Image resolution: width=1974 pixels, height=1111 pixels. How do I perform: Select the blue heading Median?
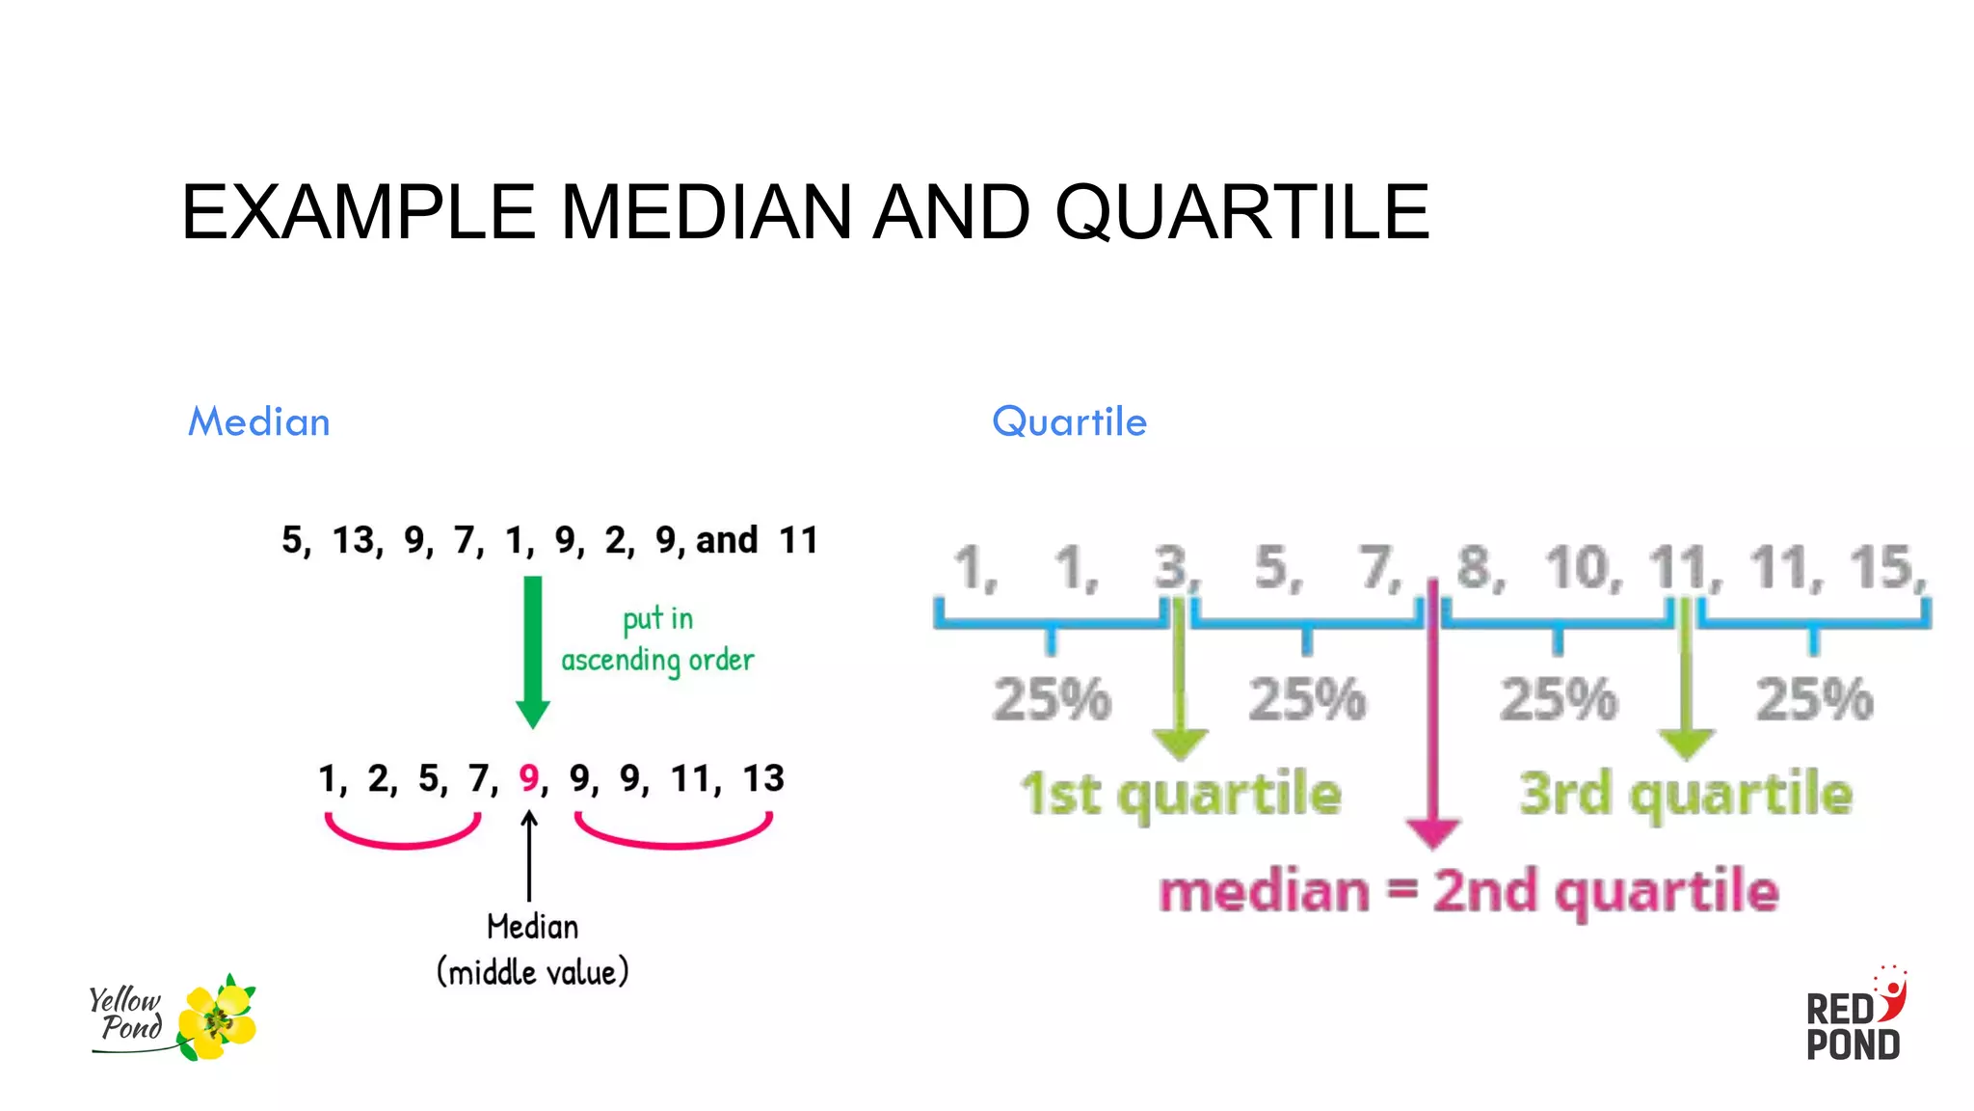pos(259,422)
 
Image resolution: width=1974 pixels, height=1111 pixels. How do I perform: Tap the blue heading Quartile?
pos(1069,422)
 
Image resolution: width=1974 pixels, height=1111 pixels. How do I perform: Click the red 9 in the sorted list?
pos(529,777)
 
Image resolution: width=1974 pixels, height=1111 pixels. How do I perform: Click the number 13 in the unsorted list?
pos(355,540)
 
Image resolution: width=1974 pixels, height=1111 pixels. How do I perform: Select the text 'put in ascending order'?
pos(657,639)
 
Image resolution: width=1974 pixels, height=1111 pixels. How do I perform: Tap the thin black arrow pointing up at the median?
pos(529,854)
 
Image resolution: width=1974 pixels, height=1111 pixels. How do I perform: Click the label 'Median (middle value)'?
pos(532,949)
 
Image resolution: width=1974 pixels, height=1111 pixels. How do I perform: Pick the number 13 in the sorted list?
pos(763,777)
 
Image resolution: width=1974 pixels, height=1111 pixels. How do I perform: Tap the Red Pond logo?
pos(1854,1016)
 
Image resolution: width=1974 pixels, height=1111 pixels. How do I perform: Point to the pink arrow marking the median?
pos(1433,714)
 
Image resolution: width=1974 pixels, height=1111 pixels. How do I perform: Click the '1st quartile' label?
pos(1181,793)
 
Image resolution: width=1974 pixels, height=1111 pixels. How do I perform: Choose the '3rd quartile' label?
pos(1686,793)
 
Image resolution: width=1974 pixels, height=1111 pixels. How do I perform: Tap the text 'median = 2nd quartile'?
pos(1468,890)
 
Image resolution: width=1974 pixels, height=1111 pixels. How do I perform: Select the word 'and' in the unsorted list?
pos(727,540)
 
